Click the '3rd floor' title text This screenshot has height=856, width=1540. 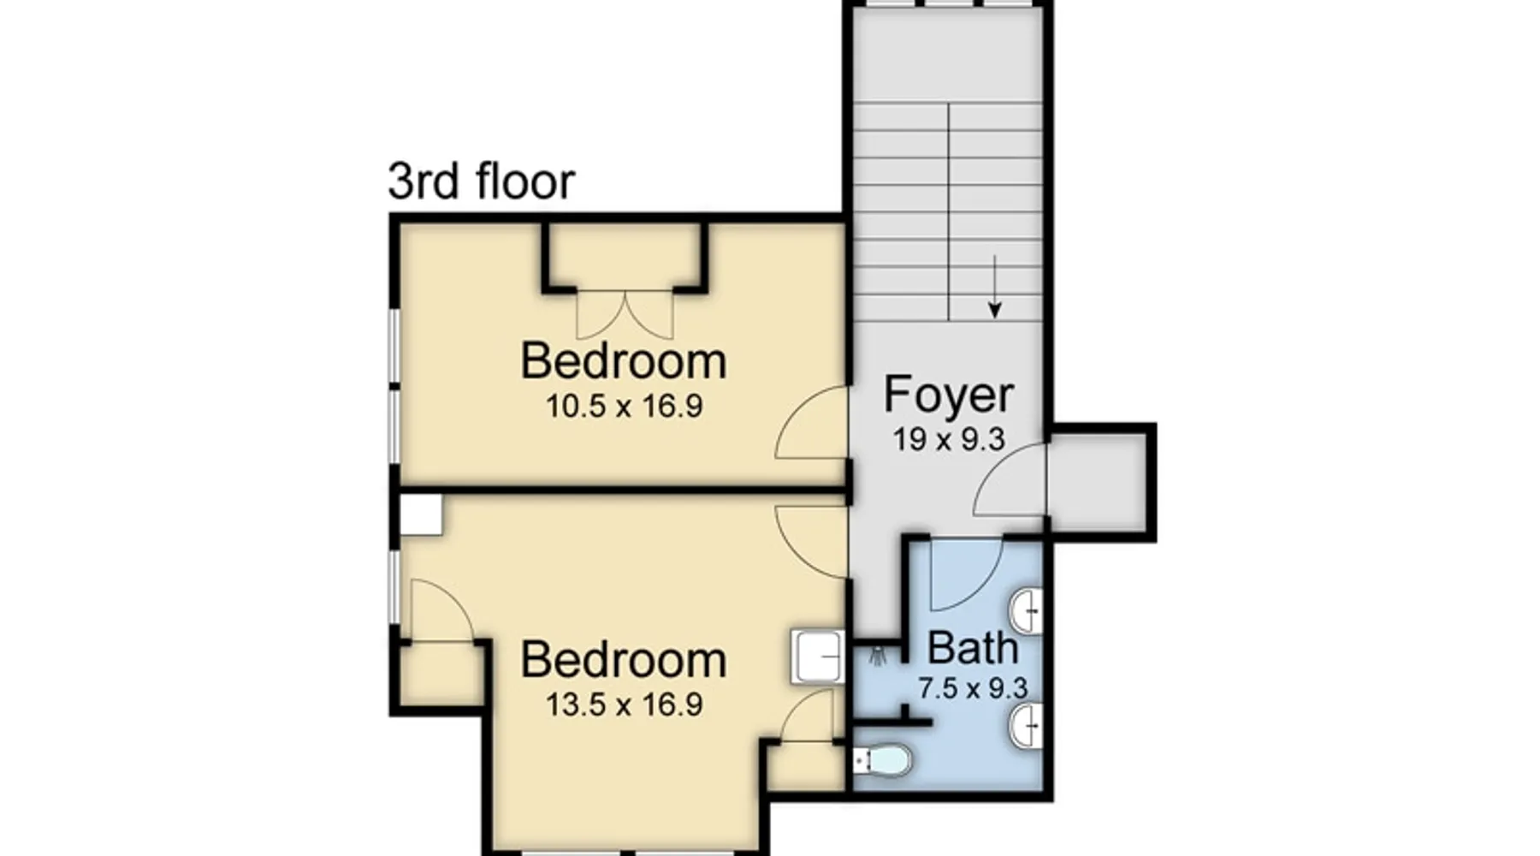(x=482, y=181)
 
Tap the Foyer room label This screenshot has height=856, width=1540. (x=949, y=395)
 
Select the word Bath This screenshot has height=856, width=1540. (x=973, y=648)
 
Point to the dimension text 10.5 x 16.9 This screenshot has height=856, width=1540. (x=625, y=406)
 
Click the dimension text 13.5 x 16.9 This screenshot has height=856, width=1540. (x=625, y=704)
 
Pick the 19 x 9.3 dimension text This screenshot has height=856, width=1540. (x=949, y=440)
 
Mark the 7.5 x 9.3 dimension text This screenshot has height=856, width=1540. (x=973, y=688)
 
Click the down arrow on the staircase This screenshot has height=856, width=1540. (x=994, y=286)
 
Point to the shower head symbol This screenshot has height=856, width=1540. (x=876, y=657)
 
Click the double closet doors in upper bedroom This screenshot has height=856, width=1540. (x=625, y=315)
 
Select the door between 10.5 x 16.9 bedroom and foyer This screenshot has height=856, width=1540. (x=810, y=422)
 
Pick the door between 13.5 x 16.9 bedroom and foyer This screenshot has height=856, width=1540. (x=810, y=541)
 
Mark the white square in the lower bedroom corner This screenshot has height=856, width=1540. (x=421, y=514)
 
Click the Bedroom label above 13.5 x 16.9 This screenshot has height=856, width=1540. (x=624, y=660)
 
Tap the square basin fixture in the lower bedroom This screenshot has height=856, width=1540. (x=817, y=657)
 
